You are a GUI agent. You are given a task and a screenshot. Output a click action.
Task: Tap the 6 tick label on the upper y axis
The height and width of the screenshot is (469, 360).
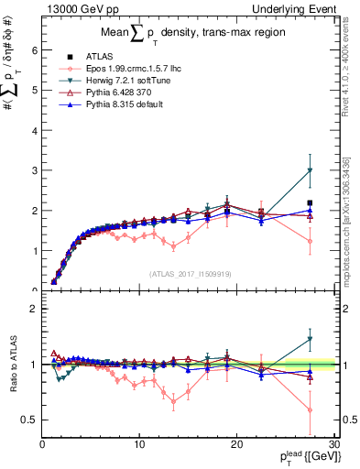click(34, 50)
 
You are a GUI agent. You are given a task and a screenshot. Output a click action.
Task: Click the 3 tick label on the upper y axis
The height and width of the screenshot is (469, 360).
click(34, 170)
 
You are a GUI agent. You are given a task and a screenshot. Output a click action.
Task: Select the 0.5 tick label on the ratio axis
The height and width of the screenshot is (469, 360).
click(29, 420)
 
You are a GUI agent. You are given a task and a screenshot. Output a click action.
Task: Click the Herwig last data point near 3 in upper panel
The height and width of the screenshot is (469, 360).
click(310, 170)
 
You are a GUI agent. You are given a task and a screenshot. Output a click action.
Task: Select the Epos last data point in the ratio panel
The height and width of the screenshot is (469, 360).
click(310, 410)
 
